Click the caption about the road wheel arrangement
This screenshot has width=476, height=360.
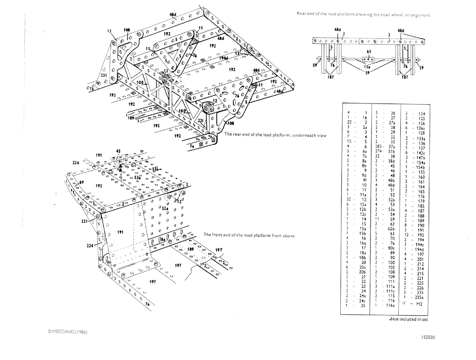click(363, 15)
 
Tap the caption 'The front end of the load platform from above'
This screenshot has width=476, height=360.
click(249, 235)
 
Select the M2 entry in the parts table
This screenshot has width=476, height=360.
click(419, 304)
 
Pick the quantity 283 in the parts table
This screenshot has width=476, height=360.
click(378, 147)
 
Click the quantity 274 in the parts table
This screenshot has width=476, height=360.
click(378, 151)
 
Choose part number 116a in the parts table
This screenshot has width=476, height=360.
click(390, 305)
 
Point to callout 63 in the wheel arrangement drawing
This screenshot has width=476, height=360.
click(369, 52)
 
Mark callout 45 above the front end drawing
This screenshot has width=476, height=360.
click(118, 151)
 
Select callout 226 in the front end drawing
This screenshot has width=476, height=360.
click(76, 163)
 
